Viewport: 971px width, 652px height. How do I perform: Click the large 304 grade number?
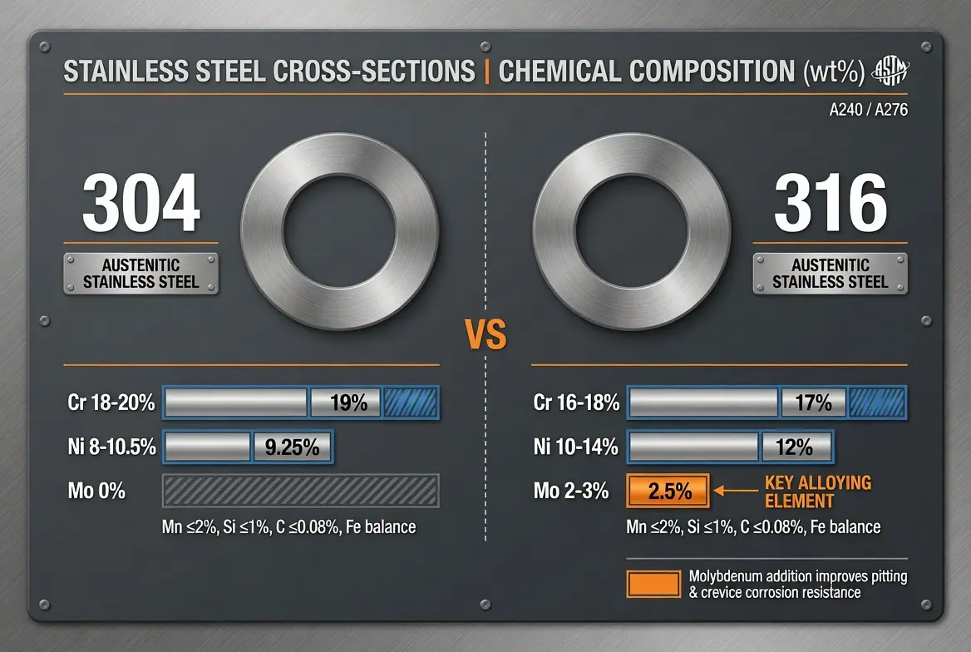[141, 204]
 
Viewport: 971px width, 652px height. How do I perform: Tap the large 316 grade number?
[830, 204]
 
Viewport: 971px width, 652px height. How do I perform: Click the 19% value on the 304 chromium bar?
[347, 403]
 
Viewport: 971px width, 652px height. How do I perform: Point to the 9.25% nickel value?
[292, 447]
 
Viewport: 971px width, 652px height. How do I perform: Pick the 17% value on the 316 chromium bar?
[813, 403]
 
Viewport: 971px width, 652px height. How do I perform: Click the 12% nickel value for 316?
[794, 447]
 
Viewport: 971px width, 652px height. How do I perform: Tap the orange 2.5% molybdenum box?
[669, 491]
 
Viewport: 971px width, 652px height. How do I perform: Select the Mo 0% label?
[97, 491]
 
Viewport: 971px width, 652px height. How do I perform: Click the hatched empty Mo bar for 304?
[300, 491]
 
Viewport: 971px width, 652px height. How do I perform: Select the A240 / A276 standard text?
[868, 108]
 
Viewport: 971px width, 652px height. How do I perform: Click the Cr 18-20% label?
[111, 403]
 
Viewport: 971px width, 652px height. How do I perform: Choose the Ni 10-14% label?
[575, 447]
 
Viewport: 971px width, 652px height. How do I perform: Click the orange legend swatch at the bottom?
[654, 584]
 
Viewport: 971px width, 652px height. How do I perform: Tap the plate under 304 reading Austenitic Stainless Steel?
[141, 274]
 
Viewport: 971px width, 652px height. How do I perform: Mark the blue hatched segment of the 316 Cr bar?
[875, 403]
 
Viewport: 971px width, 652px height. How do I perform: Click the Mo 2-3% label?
[570, 491]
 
